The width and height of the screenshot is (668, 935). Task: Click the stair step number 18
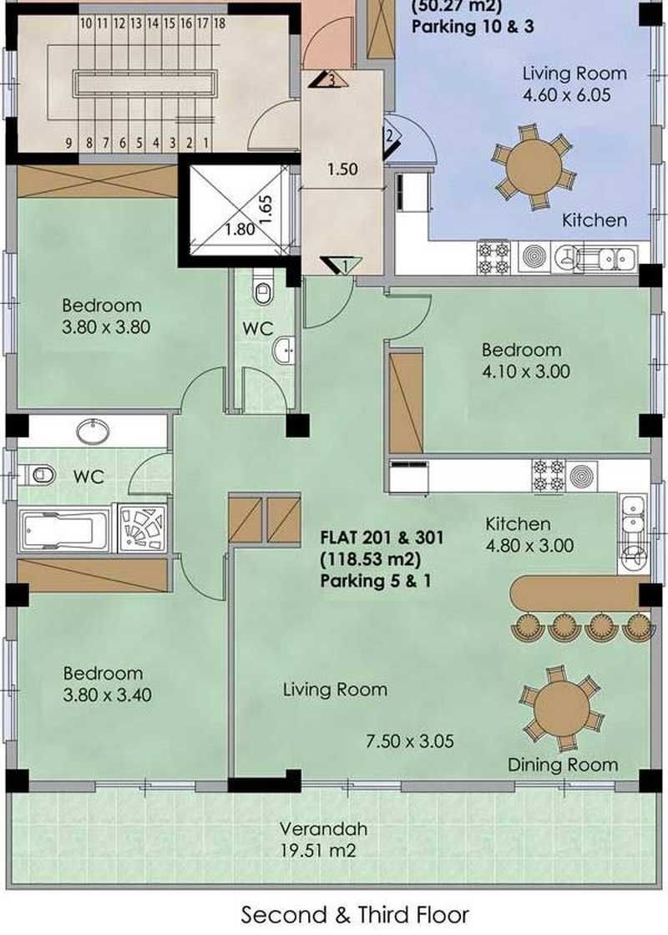coord(220,23)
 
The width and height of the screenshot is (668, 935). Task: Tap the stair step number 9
coord(69,143)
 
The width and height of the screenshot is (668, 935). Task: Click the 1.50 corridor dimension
coord(342,169)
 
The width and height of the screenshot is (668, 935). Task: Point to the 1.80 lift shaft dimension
coord(240,229)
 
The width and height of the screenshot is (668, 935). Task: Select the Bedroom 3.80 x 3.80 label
coord(106,316)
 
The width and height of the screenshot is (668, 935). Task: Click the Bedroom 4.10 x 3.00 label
coord(525,360)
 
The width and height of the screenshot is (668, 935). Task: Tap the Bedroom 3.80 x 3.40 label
coord(107,684)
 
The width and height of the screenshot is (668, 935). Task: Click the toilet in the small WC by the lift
coord(262,289)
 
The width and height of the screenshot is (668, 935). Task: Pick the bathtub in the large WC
coord(64,529)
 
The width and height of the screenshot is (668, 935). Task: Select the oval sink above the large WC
coord(93,431)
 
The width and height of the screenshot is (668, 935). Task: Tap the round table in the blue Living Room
coord(534,167)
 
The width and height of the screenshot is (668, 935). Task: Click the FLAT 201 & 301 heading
coord(382,538)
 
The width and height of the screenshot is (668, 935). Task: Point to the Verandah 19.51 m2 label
coord(323,839)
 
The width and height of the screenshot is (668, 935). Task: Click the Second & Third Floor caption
coord(355,915)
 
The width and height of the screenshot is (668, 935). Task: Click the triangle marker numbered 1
coord(340,265)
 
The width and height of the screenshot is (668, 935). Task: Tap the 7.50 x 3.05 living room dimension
coord(409,741)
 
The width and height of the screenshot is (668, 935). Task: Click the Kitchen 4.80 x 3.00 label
coord(529,535)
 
